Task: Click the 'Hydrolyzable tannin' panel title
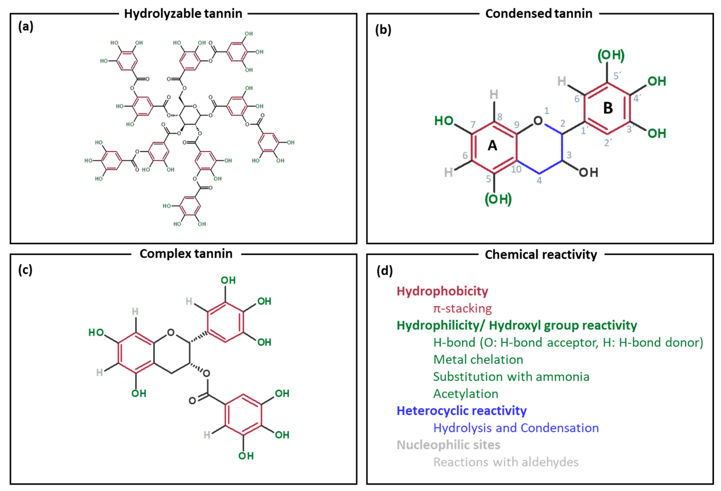point(183,14)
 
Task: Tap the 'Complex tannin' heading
point(186,254)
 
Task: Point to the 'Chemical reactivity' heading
point(541,255)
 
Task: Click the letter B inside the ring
point(608,108)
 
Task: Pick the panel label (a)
point(26,27)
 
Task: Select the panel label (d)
point(384,271)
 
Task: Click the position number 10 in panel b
point(516,169)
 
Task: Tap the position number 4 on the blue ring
point(539,180)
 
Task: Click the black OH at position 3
point(588,173)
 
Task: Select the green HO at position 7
point(444,121)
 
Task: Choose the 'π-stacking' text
point(462,309)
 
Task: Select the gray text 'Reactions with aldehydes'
point(506,462)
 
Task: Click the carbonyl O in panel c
point(192,401)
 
